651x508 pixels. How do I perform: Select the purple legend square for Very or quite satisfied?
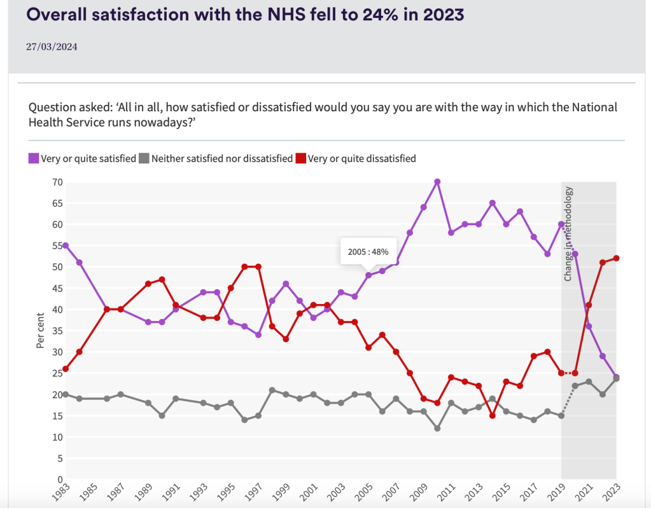(x=34, y=158)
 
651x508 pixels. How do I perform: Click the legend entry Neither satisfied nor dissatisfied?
(x=221, y=158)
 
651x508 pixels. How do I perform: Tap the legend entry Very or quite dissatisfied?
(x=361, y=158)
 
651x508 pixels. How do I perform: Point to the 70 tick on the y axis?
(x=57, y=182)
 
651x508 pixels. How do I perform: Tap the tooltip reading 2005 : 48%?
(x=368, y=251)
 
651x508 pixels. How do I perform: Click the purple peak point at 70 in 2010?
(x=437, y=182)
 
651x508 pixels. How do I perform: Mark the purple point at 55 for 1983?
(x=66, y=245)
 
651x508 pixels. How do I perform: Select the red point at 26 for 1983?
(x=66, y=369)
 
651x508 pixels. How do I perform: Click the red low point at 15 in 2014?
(x=493, y=415)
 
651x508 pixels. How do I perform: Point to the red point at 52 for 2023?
(x=617, y=258)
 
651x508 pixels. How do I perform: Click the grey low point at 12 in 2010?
(x=437, y=428)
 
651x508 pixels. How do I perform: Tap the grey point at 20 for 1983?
(x=66, y=394)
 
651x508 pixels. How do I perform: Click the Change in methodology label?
(x=569, y=233)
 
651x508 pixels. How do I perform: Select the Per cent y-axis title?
(x=40, y=331)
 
